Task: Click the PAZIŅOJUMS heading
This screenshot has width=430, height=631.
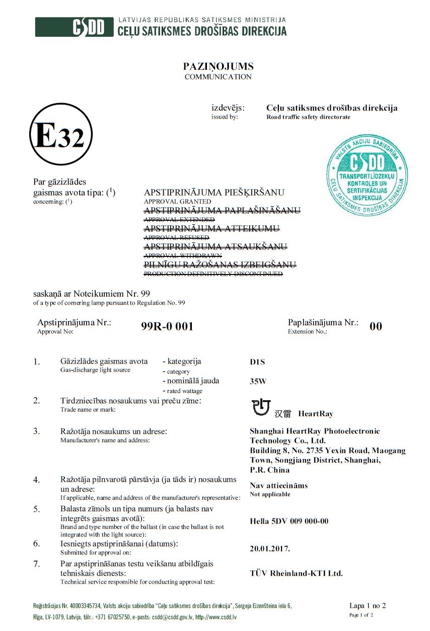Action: coord(218,66)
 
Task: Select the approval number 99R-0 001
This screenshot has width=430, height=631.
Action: coord(168,327)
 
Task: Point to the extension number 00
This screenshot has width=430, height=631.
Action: coord(376,327)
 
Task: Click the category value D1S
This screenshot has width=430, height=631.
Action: coord(257,362)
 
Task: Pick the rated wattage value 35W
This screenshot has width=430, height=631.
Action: coord(258,381)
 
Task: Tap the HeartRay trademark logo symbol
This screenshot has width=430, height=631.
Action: coord(261,407)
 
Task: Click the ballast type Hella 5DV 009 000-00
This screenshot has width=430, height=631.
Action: coord(289,521)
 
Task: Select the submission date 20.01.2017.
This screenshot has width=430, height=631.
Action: coord(270,549)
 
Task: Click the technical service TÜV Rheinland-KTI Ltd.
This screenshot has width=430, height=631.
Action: coord(296,573)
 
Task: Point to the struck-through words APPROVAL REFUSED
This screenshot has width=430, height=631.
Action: coord(176,237)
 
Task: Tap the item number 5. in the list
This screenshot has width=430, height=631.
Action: coord(37,509)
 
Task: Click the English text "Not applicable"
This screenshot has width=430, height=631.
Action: coord(270,494)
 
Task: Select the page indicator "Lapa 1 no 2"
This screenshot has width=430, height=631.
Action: coord(368,605)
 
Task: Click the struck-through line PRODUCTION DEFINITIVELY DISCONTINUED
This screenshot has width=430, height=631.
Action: coord(213,274)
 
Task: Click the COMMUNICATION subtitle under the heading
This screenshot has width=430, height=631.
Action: coord(218,77)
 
